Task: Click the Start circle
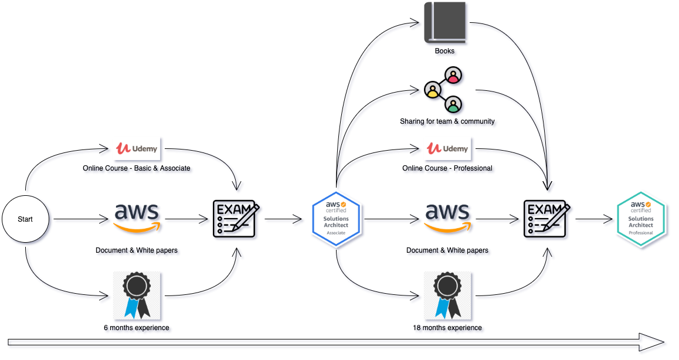(25, 219)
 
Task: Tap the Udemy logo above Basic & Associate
(137, 148)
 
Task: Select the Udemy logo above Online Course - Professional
(447, 148)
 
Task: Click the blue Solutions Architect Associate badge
(337, 219)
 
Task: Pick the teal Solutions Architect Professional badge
(641, 219)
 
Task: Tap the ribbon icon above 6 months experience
(137, 295)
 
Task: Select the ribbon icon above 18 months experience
(447, 295)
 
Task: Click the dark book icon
(445, 22)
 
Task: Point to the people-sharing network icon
(444, 90)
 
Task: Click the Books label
(444, 51)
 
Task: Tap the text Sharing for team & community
(447, 121)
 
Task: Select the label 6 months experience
(137, 328)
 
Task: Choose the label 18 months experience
(447, 328)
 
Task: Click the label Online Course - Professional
(447, 168)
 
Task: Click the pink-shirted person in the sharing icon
(453, 75)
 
